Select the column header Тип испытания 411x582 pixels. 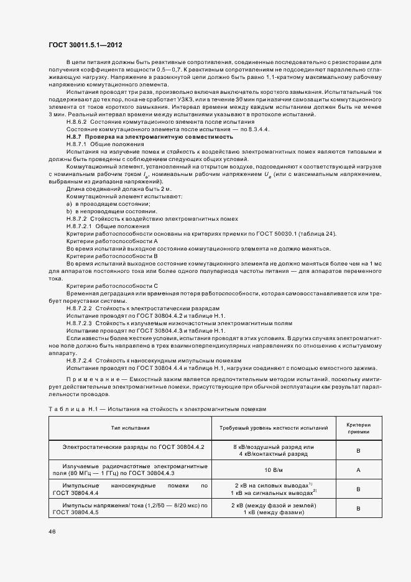(130, 428)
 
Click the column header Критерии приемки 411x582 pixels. (358, 428)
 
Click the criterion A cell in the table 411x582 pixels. (358, 470)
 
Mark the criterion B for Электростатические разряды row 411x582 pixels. (358, 451)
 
